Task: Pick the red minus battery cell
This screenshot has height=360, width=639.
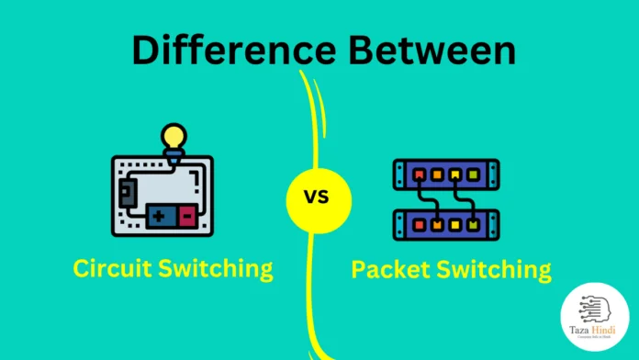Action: coord(186,217)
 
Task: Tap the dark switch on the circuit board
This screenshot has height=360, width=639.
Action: coord(127,191)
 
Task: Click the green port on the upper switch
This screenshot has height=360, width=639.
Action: coord(475,173)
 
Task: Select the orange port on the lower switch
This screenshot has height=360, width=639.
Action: coord(436,224)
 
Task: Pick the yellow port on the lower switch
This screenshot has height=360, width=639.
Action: coord(455,224)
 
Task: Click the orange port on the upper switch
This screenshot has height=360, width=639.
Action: coord(436,173)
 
